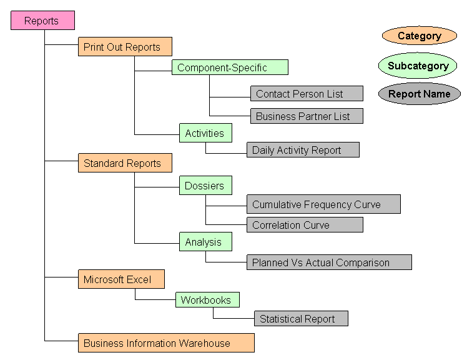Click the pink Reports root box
pos(42,21)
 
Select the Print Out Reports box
pos(125,47)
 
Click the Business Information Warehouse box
pos(166,343)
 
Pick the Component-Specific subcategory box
pos(230,67)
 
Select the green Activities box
pos(205,133)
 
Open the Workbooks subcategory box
pos(207,300)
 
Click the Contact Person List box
pos(307,94)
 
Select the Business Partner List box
pos(307,116)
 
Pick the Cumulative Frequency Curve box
pos(323,204)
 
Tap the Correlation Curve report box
pos(305,225)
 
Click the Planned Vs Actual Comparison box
pos(329,262)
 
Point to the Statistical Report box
pos(301,319)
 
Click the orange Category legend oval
pos(420,36)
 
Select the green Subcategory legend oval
pos(418,66)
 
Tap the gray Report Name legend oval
pos(420,94)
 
